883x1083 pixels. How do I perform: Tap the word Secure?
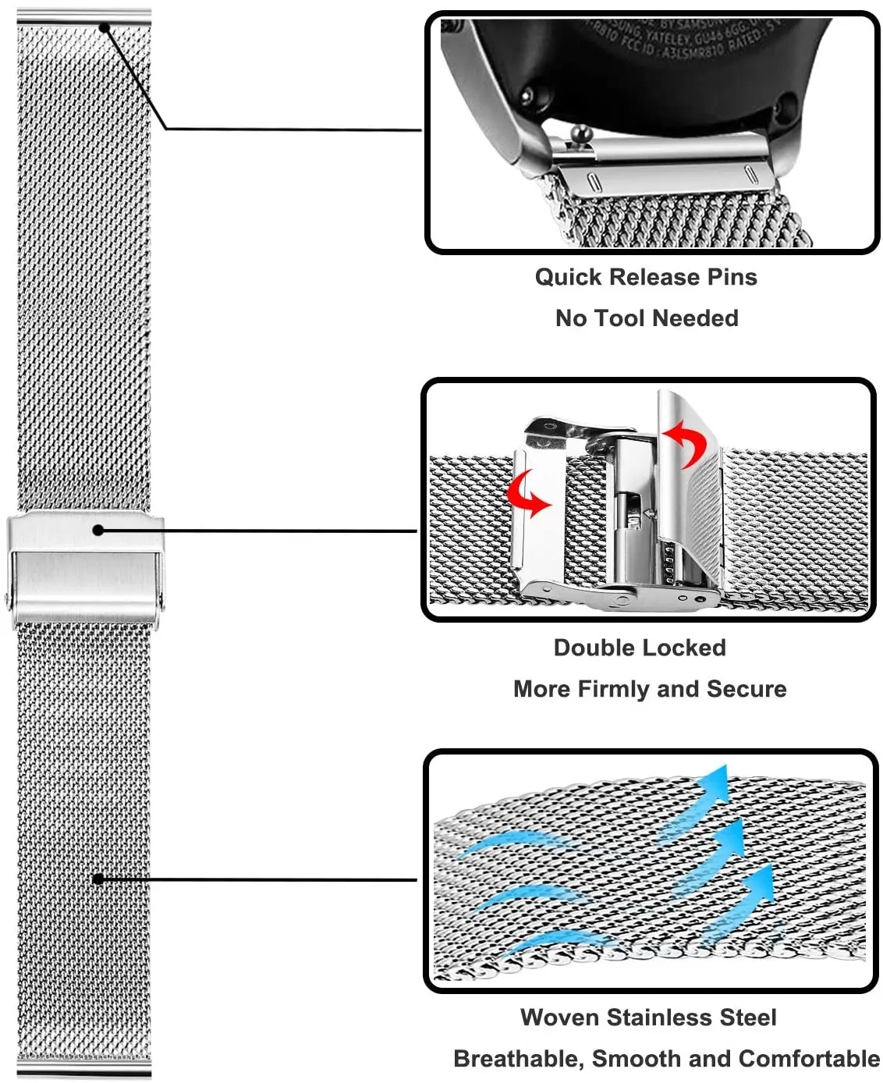pyautogui.click(x=746, y=690)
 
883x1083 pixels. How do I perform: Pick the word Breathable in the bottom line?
pyautogui.click(x=516, y=1060)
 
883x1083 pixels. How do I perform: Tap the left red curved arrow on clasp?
pyautogui.click(x=528, y=494)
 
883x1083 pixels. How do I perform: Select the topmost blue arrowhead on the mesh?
pyautogui.click(x=716, y=782)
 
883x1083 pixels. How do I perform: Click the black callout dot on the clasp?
pyautogui.click(x=98, y=531)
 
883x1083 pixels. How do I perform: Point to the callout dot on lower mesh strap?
pyautogui.click(x=98, y=879)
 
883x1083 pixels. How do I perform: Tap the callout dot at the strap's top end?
pyautogui.click(x=105, y=27)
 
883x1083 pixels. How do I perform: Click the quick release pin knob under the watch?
pyautogui.click(x=581, y=137)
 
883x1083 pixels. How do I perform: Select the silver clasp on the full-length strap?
pyautogui.click(x=86, y=568)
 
